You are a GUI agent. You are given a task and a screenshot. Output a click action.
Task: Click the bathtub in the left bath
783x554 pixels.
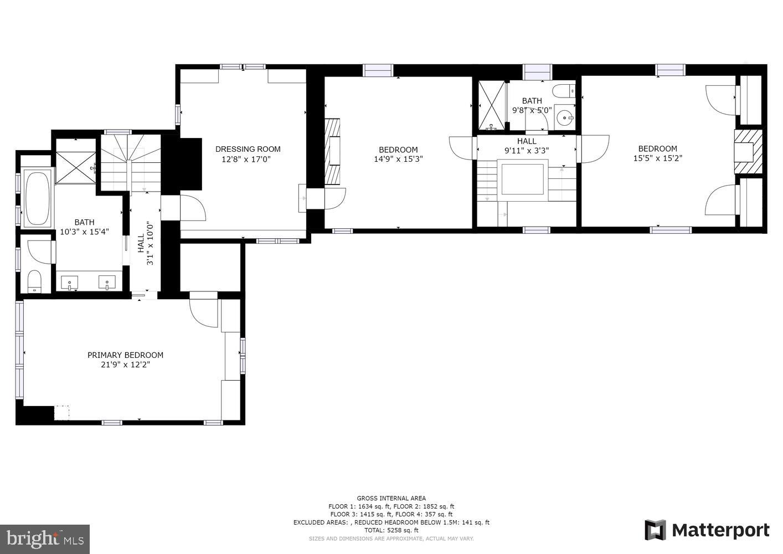[38, 198]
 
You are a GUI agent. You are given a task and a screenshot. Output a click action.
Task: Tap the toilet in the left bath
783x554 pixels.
[34, 281]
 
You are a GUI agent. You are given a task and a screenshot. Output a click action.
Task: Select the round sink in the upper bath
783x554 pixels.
[565, 117]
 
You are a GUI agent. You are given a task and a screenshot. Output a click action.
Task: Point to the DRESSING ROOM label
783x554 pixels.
[248, 149]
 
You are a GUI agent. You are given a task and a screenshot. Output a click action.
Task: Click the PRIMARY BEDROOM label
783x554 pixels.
[125, 355]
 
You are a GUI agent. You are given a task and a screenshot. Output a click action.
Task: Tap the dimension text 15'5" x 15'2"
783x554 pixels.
[657, 158]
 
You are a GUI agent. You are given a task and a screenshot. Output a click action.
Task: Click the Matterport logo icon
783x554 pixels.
[656, 530]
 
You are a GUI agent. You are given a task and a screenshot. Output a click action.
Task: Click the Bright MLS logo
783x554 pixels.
[45, 538]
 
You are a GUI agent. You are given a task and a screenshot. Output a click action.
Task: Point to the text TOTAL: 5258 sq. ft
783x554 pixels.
[391, 530]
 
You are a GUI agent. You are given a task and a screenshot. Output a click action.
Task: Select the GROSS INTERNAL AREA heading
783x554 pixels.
[391, 498]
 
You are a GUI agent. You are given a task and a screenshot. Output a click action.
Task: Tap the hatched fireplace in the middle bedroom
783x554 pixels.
[332, 151]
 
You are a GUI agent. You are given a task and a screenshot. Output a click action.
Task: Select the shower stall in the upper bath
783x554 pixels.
[492, 105]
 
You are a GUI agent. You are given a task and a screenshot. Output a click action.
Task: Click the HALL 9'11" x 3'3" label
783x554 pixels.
[526, 146]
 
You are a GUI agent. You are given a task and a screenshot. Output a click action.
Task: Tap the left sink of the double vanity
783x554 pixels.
[70, 284]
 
